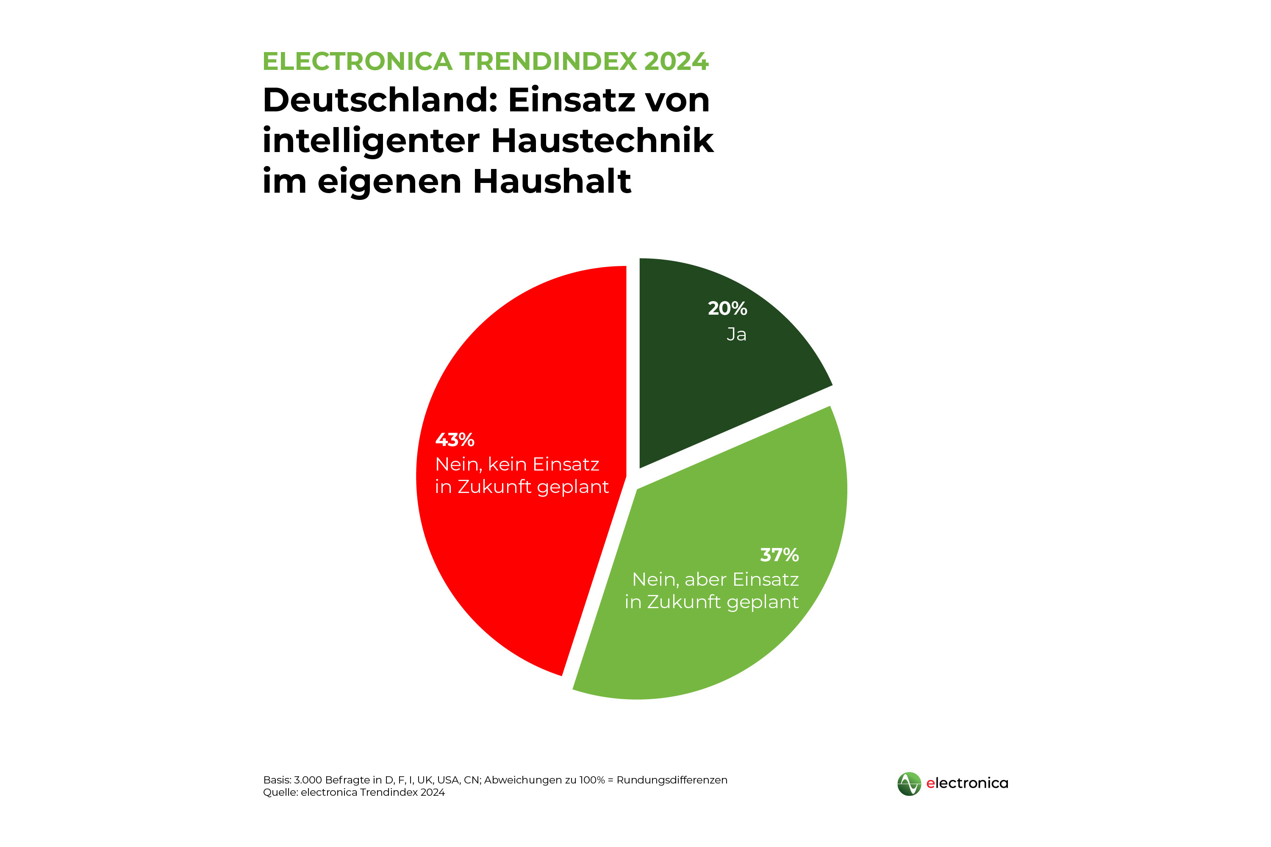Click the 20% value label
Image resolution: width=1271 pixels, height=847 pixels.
tap(727, 308)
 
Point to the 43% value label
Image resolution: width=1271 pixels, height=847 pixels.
tap(455, 440)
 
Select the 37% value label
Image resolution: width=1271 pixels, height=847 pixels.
tap(779, 555)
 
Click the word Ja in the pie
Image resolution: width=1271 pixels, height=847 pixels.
tap(736, 335)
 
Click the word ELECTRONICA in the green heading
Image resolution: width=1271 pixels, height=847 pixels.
tap(357, 61)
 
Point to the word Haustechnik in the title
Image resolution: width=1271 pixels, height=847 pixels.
tap(602, 141)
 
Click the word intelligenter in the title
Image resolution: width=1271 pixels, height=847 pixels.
tap(371, 141)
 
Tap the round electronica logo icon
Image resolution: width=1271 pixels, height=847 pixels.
tap(909, 784)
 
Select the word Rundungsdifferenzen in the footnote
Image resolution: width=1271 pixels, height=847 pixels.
tap(672, 780)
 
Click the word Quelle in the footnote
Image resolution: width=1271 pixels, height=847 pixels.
tap(279, 792)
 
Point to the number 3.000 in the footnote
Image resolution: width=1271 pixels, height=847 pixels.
tap(308, 780)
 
